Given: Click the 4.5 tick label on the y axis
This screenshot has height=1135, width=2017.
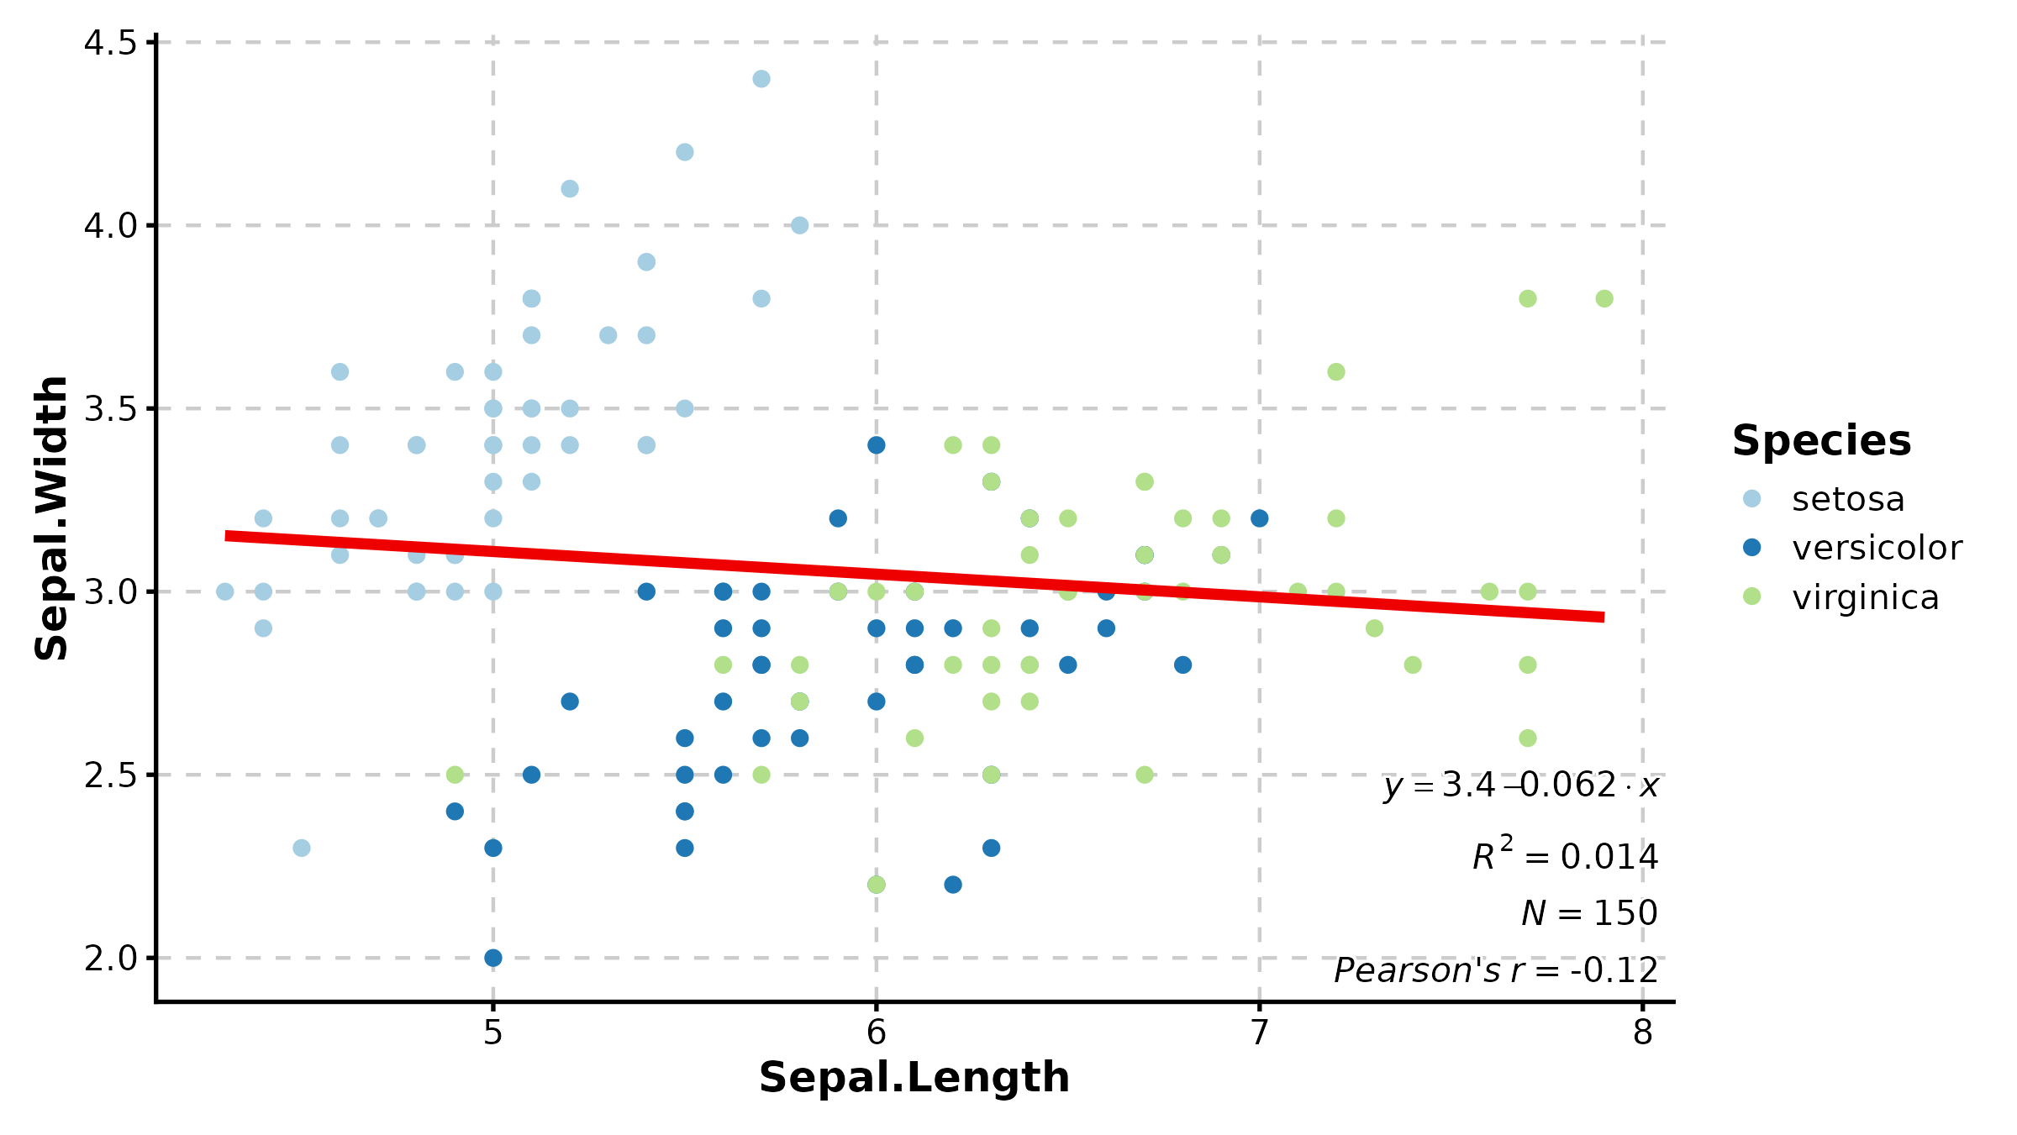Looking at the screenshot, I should coord(110,43).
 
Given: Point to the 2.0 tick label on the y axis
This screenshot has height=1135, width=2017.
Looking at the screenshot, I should coord(110,959).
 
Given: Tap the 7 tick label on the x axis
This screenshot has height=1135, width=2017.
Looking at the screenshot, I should coord(1259,1033).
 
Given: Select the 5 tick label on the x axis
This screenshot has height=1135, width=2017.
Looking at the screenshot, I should coord(492,1033).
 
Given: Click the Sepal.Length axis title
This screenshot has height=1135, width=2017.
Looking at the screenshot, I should coord(914,1078).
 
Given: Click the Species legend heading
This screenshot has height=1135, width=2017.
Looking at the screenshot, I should coord(1821,441).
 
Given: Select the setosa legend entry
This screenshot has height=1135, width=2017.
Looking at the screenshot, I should coord(1847,499).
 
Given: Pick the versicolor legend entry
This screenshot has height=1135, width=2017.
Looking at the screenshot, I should coord(1876,548).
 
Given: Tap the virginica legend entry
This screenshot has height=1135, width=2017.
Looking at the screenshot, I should coord(1865,597).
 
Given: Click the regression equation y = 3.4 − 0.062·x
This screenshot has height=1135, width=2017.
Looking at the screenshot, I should coord(1521,786).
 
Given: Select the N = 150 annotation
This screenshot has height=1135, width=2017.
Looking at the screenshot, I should coord(1588,913).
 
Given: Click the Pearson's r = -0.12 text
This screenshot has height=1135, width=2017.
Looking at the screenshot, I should coord(1496,970).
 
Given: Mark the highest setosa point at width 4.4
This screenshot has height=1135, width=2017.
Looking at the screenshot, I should coord(761,79).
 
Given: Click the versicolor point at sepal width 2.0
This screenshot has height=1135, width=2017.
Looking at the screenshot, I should coord(493,958).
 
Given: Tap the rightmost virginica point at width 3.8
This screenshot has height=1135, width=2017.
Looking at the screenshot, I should coord(1604,298).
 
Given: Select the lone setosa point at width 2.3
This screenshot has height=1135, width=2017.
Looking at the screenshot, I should coord(302,848).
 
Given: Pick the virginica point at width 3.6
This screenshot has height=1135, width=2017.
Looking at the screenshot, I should coord(1336,371).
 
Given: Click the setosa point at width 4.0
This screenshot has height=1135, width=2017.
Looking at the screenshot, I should coord(799,225).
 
